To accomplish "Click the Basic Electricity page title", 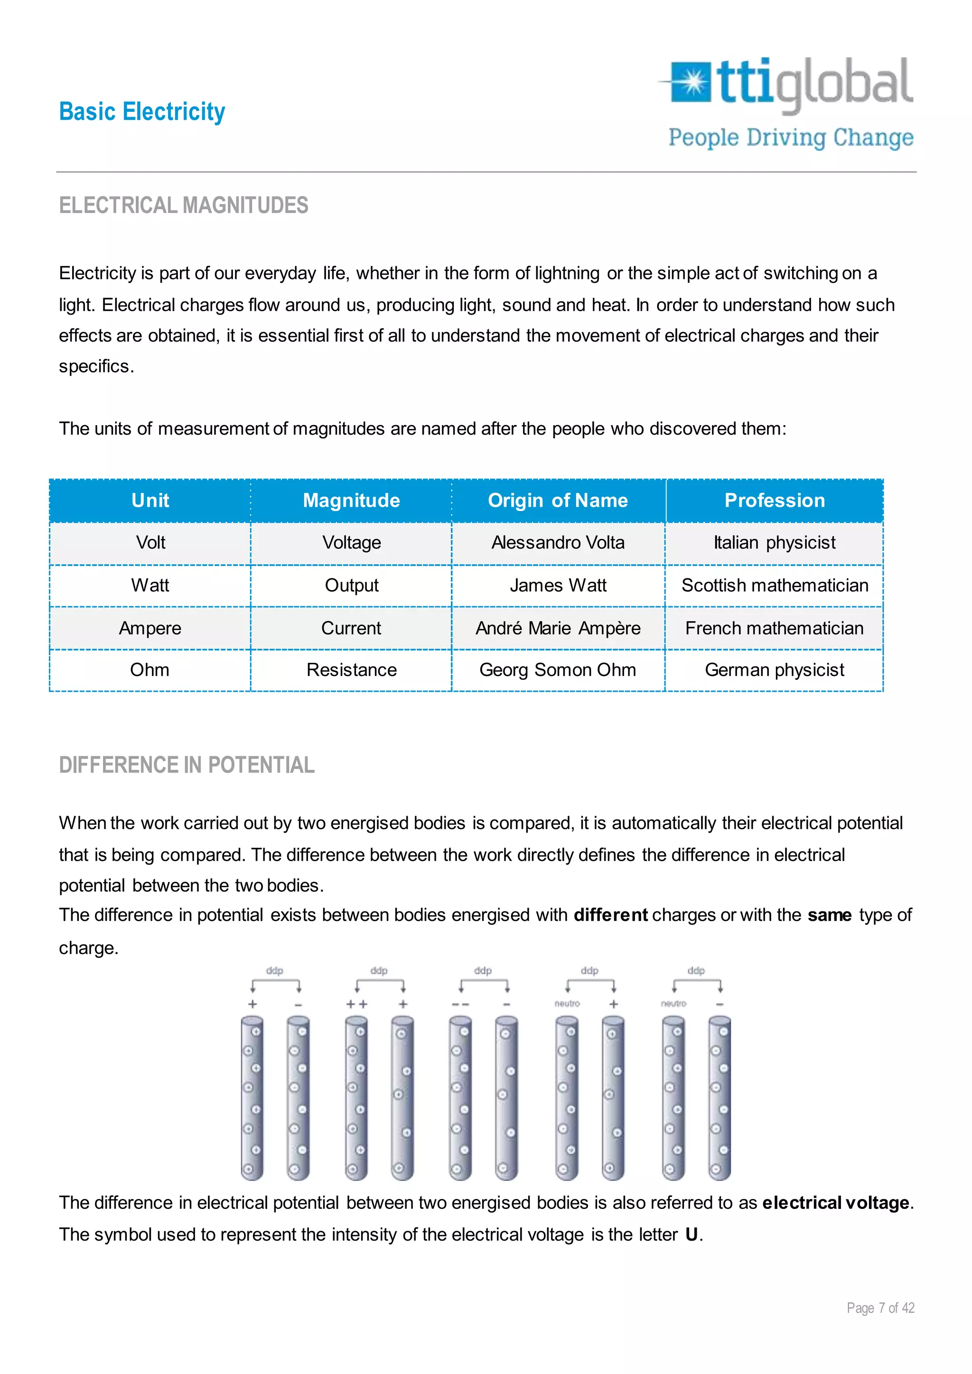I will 142,112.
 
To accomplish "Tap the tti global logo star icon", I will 692,82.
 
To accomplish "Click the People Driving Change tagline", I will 790,138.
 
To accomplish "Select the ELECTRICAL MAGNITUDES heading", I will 183,205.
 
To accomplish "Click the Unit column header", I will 150,500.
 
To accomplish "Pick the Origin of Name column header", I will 557,500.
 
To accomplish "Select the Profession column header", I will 774,500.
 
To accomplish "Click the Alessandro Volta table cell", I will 557,543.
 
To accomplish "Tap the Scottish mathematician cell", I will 774,585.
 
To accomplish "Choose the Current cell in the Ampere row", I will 351,628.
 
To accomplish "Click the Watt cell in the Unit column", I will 150,585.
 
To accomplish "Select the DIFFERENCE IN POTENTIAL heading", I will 186,765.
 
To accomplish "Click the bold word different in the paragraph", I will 610,915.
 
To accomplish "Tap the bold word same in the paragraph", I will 829,915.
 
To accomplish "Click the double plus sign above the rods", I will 357,1004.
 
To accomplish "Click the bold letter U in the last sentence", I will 692,1235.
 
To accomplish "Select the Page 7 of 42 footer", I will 880,1308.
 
